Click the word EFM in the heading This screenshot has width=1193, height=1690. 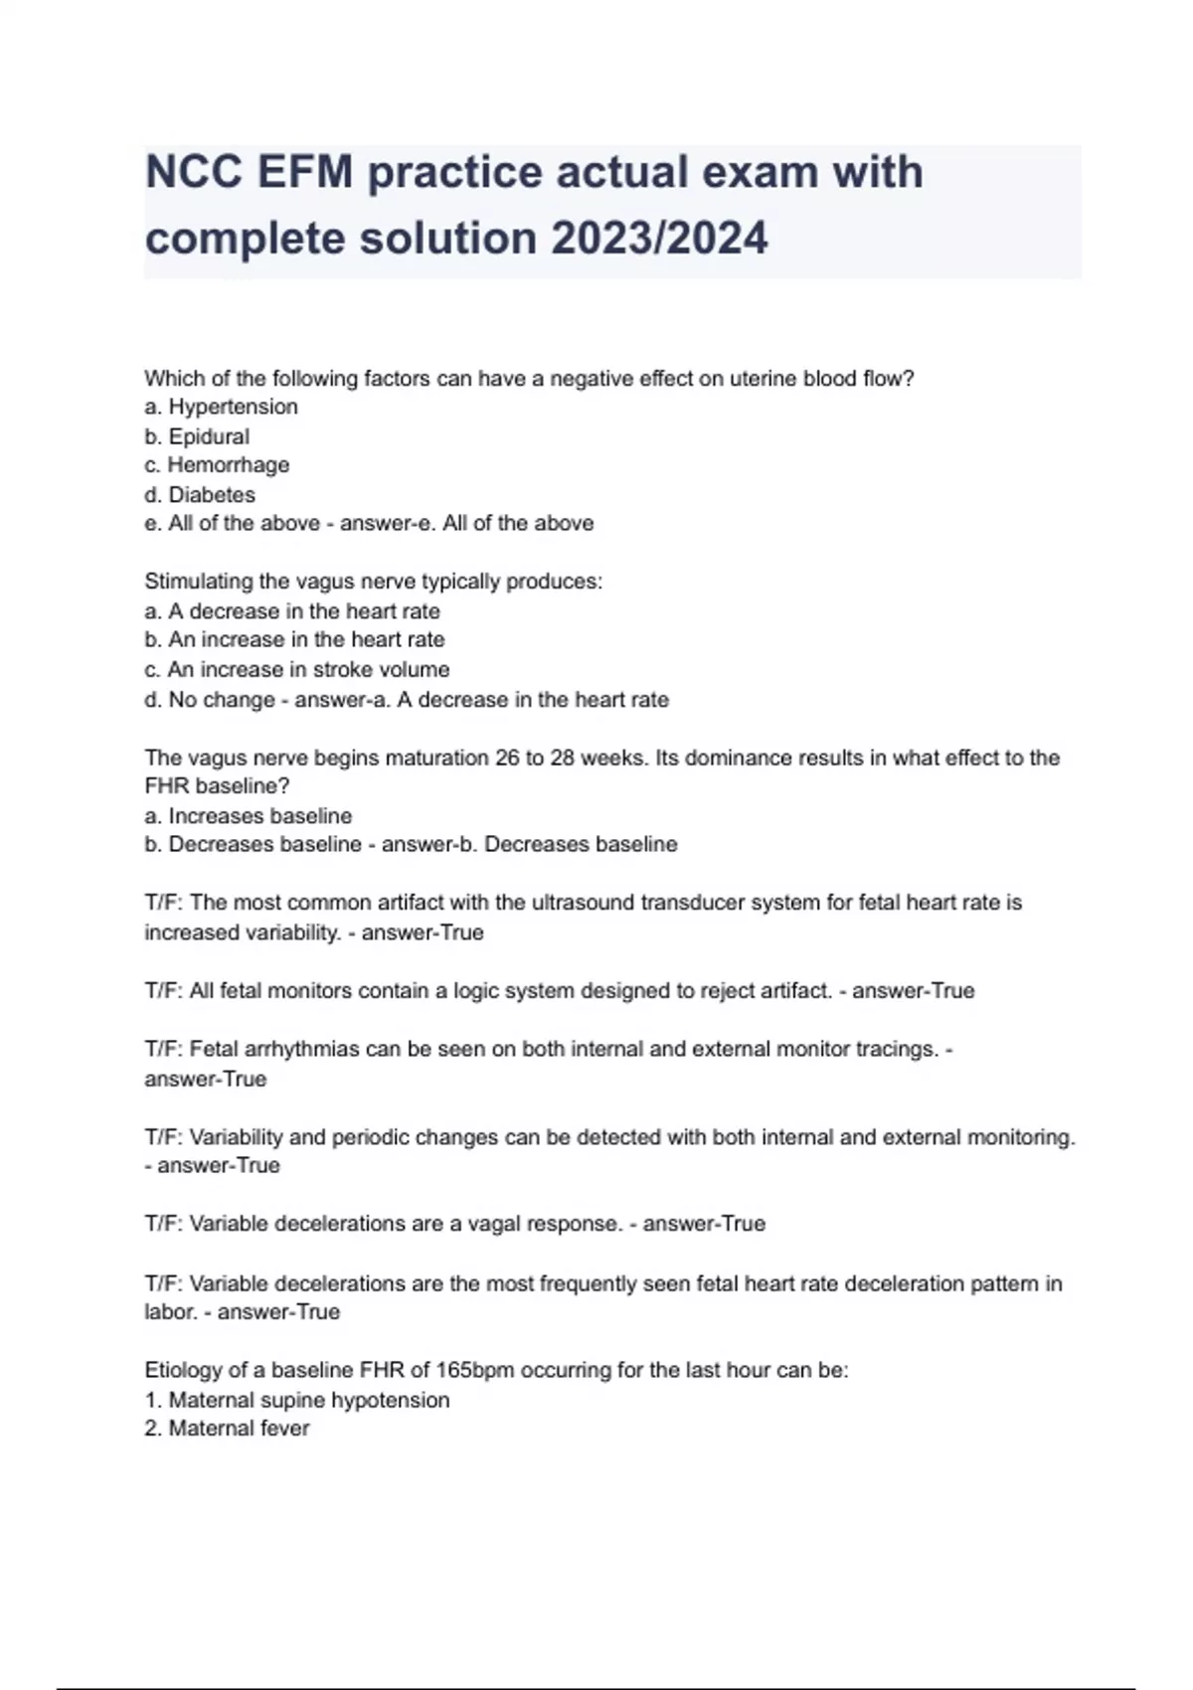(x=305, y=172)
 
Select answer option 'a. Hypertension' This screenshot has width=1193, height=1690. (x=221, y=407)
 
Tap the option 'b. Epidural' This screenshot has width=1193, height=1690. (x=197, y=436)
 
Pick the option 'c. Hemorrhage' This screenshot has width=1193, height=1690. (x=217, y=465)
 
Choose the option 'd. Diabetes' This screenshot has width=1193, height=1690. (x=200, y=494)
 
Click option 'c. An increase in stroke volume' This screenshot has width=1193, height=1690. (x=296, y=669)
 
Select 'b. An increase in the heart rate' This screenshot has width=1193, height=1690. (x=294, y=639)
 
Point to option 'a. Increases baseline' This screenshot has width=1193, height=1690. (x=248, y=816)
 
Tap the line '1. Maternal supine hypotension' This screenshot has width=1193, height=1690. (x=296, y=1400)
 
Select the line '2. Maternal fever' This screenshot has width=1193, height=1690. (x=227, y=1429)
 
